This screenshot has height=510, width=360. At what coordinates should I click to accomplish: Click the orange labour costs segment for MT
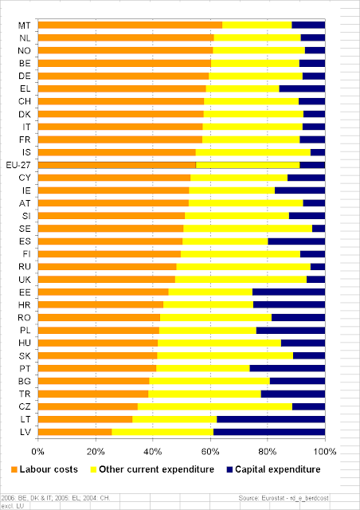tap(130, 25)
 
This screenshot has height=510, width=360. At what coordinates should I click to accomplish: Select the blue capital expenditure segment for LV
tap(269, 432)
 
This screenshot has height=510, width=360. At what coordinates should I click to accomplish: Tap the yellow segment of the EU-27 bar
tap(248, 165)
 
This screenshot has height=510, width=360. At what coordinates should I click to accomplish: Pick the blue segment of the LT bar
tap(271, 419)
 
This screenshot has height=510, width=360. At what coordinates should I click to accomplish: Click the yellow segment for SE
tap(248, 229)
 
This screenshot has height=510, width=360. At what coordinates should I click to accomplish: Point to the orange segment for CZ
tap(88, 406)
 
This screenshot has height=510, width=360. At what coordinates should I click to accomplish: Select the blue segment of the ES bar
tap(296, 241)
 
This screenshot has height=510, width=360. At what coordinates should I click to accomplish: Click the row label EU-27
tap(18, 165)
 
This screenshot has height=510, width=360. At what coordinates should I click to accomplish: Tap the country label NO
tap(25, 51)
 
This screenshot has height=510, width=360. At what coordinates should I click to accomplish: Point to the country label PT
tap(25, 368)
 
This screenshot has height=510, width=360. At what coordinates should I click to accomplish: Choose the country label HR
tap(25, 305)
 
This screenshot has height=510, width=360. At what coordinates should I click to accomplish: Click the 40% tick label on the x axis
tap(153, 452)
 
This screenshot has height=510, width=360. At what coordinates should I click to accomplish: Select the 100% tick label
tap(325, 452)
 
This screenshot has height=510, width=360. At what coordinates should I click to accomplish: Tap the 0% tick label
tap(38, 452)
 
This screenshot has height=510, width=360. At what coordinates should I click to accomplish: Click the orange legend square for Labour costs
tap(14, 469)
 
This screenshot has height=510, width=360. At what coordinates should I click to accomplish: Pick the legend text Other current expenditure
tap(156, 469)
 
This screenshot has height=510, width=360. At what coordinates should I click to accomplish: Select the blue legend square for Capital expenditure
tap(229, 469)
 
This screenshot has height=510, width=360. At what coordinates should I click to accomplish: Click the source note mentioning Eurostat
tap(284, 498)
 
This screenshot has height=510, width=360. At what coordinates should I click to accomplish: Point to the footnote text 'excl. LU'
tap(10, 506)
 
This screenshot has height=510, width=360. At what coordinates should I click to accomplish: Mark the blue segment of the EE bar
tap(289, 292)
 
